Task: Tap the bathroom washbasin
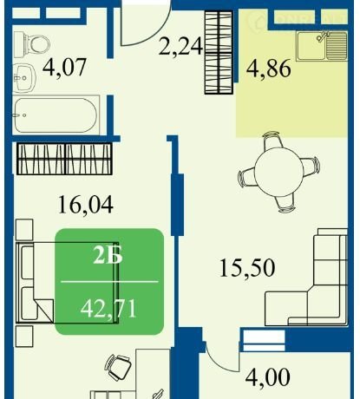[x=24, y=77]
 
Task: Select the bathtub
[x=55, y=115]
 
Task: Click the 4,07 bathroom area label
[x=64, y=67]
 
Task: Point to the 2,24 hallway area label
[x=180, y=46]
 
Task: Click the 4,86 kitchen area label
[x=269, y=69]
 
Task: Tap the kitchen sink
[x=322, y=46]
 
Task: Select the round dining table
[x=279, y=172]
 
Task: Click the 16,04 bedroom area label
[x=86, y=205]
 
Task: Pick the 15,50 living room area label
[x=247, y=268]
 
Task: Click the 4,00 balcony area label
[x=267, y=376]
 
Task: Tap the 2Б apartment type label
[x=108, y=256]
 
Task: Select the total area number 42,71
[x=108, y=309]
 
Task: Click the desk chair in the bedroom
[x=119, y=368]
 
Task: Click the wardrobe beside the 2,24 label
[x=219, y=52]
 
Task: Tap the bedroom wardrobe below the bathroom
[x=64, y=159]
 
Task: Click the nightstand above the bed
[x=24, y=230]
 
